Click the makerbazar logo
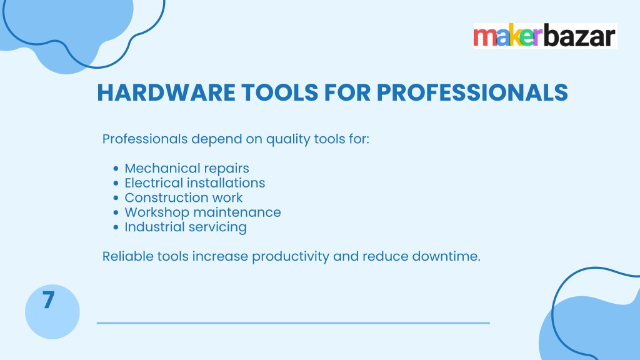tap(545, 36)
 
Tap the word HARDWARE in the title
tap(166, 92)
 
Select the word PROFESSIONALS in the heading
tap(472, 92)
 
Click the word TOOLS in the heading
tap(279, 92)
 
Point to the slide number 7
tap(48, 300)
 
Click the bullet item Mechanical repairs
tap(187, 169)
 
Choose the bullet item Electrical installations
tap(195, 183)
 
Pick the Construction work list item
tap(184, 197)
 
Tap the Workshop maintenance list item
tap(203, 212)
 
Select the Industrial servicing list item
tap(186, 227)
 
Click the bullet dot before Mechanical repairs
tap(116, 169)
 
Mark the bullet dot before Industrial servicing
tap(116, 227)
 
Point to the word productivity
tap(291, 257)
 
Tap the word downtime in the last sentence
tap(446, 256)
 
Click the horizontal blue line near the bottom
tap(293, 323)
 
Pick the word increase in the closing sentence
tap(219, 257)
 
